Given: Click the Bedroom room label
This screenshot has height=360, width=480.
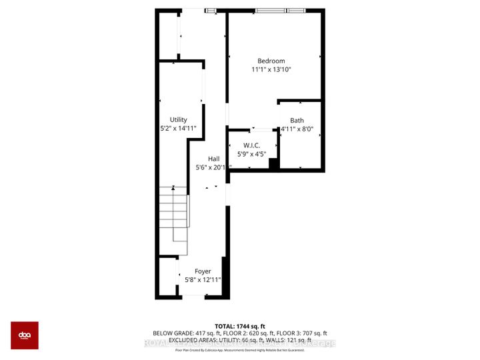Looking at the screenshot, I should pyautogui.click(x=271, y=61).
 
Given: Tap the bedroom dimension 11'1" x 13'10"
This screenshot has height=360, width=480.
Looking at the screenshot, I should pyautogui.click(x=271, y=69).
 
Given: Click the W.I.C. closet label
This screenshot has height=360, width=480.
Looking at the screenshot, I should pyautogui.click(x=251, y=146).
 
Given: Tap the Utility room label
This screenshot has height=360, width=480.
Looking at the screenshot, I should pyautogui.click(x=178, y=119).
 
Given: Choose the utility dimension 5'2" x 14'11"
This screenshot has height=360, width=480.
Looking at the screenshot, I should pyautogui.click(x=178, y=127).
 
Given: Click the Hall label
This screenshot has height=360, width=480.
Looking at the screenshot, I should pyautogui.click(x=213, y=159).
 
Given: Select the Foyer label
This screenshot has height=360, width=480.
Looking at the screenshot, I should pyautogui.click(x=203, y=271).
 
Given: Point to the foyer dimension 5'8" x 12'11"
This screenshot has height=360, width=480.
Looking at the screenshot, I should pyautogui.click(x=203, y=279).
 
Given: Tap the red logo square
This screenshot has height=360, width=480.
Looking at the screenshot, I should pyautogui.click(x=25, y=335).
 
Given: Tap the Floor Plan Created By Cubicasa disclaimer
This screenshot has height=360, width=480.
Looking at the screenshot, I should pyautogui.click(x=239, y=349).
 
